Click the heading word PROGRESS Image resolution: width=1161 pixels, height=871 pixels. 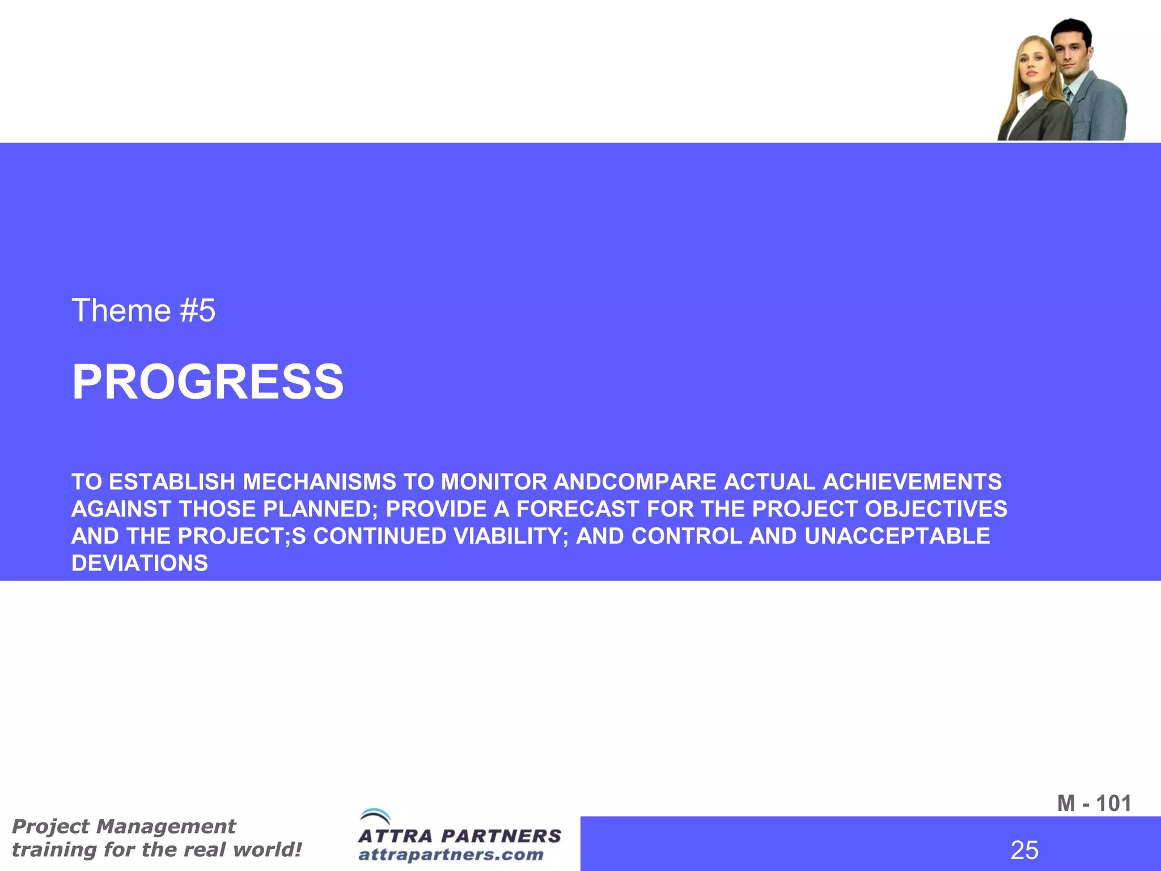coord(207,382)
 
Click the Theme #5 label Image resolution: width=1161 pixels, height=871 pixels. coord(143,311)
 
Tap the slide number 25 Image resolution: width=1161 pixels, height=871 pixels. coord(1024,850)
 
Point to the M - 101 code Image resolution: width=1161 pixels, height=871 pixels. coord(1094,803)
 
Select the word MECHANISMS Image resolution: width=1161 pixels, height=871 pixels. coord(320,482)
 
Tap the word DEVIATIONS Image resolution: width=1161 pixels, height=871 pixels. coord(139,563)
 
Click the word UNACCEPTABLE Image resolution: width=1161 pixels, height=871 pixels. coord(897,536)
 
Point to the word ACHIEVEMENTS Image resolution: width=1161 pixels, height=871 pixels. coord(912,482)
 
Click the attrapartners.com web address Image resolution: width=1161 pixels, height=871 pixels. coord(451,854)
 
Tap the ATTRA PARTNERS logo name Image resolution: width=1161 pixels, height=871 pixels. coord(459,836)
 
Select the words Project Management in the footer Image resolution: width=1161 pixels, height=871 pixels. coord(124,826)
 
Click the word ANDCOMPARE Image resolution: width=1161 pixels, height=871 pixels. coord(635,482)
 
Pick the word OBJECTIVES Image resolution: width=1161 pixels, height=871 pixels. coord(936,509)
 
